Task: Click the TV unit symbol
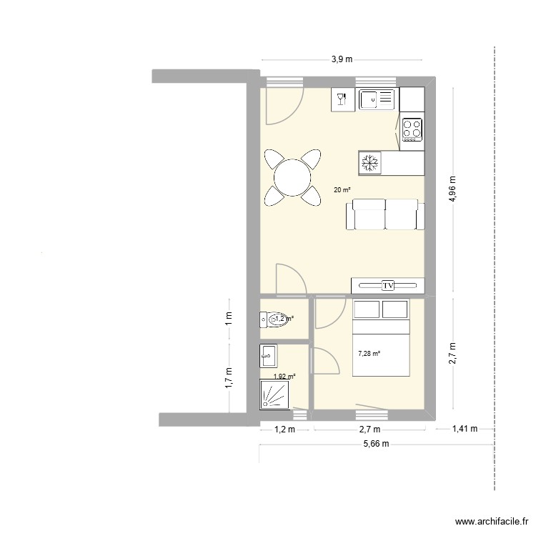(x=388, y=285)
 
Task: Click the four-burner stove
(x=412, y=129)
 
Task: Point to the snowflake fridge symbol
(x=370, y=162)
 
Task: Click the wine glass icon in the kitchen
(x=342, y=99)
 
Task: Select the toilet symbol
(x=275, y=319)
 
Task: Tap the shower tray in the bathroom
(x=275, y=394)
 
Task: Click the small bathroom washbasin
(x=269, y=352)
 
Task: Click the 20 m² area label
(x=342, y=189)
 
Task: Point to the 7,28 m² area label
(x=369, y=353)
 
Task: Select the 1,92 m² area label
(x=284, y=376)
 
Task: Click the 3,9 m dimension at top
(x=342, y=59)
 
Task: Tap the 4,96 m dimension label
(x=452, y=190)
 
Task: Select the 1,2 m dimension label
(x=284, y=429)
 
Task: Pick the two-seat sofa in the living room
(x=384, y=215)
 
